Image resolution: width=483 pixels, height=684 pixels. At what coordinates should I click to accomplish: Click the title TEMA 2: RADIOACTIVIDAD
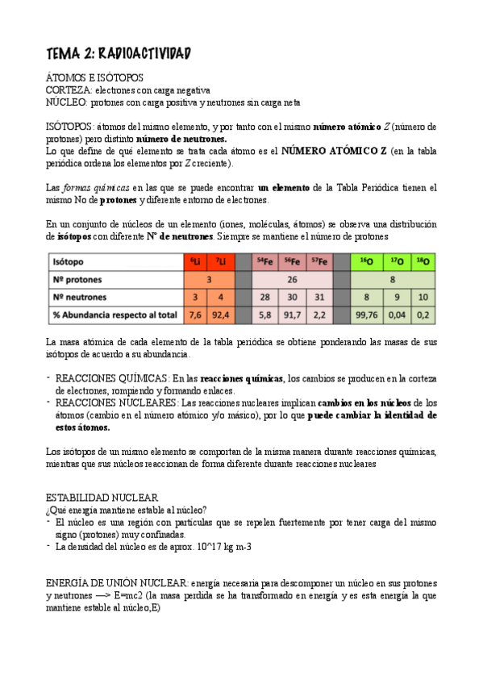118,53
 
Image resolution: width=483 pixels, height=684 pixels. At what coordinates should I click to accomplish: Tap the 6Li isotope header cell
195,262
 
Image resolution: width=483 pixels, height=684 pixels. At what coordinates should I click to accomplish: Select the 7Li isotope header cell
219,262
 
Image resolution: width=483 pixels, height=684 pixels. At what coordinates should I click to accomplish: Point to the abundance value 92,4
219,315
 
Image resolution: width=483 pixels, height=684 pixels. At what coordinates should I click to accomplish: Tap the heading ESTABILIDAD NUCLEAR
102,498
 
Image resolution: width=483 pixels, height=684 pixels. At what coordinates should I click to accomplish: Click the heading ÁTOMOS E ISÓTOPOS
94,77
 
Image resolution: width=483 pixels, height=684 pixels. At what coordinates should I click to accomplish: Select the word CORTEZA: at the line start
64,90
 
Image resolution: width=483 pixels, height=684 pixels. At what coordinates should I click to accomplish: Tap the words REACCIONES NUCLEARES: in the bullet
116,402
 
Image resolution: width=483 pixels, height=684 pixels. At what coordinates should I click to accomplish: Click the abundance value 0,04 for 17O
395,315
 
